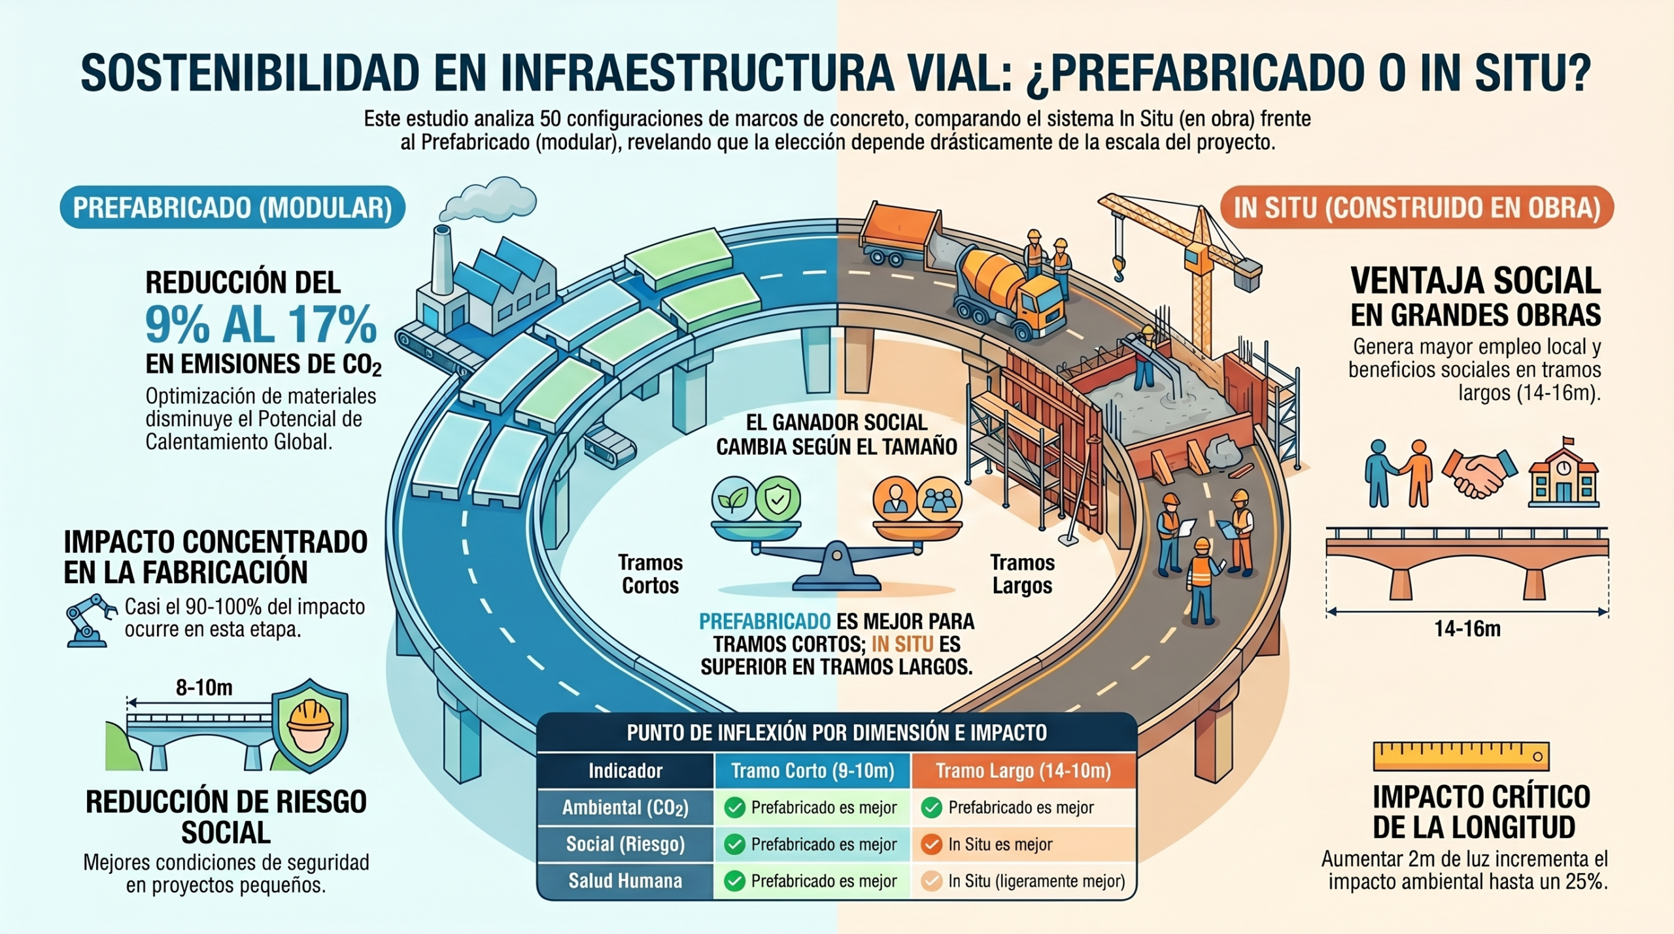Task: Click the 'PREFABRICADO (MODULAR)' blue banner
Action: point(233,208)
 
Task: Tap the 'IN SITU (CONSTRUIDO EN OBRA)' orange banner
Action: point(1417,208)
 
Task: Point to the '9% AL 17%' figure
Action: point(261,324)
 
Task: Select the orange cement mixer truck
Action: point(1007,288)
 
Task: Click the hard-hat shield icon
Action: point(310,726)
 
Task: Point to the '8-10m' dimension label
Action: point(204,688)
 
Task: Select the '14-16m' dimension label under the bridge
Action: point(1467,629)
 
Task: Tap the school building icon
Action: point(1563,474)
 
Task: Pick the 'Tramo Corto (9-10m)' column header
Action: point(813,771)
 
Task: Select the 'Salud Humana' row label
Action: point(625,881)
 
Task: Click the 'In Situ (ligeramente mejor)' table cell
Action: point(1024,881)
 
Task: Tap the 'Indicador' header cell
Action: point(625,771)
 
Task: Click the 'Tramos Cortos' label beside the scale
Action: point(651,574)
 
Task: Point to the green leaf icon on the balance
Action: point(734,499)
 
